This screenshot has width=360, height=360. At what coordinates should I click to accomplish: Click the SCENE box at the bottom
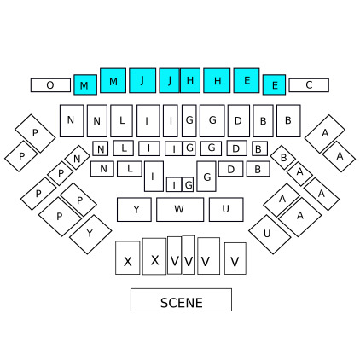point(181,299)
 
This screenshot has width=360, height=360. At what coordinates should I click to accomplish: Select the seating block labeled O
point(50,85)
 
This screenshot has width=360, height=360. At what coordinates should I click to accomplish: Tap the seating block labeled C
point(309,85)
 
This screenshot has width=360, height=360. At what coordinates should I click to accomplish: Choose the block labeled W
point(180,209)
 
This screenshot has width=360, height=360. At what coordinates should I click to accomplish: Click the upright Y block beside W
point(134,209)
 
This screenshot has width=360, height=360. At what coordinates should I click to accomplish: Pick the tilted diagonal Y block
point(90,235)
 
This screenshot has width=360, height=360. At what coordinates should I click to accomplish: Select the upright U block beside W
point(226,209)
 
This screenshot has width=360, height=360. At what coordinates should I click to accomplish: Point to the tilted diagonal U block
point(270,235)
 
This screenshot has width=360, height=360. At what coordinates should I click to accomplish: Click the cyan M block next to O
point(85,84)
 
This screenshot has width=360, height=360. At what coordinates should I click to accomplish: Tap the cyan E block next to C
point(274,84)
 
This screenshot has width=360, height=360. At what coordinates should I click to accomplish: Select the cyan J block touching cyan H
point(170,80)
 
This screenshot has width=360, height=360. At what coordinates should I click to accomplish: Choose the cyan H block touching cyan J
point(190,80)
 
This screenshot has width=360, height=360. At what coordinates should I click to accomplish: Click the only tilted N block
point(78,158)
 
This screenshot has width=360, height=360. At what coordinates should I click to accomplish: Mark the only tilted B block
point(283,158)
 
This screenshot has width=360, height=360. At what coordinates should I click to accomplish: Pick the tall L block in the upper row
point(121,120)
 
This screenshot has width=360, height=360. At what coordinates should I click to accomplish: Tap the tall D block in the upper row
point(239,120)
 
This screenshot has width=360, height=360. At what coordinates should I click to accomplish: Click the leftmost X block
point(128,258)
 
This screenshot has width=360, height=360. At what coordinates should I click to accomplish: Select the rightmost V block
point(235,258)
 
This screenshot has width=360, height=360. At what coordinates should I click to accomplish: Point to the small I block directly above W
point(174,184)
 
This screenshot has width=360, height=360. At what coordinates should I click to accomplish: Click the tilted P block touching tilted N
point(61,173)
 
